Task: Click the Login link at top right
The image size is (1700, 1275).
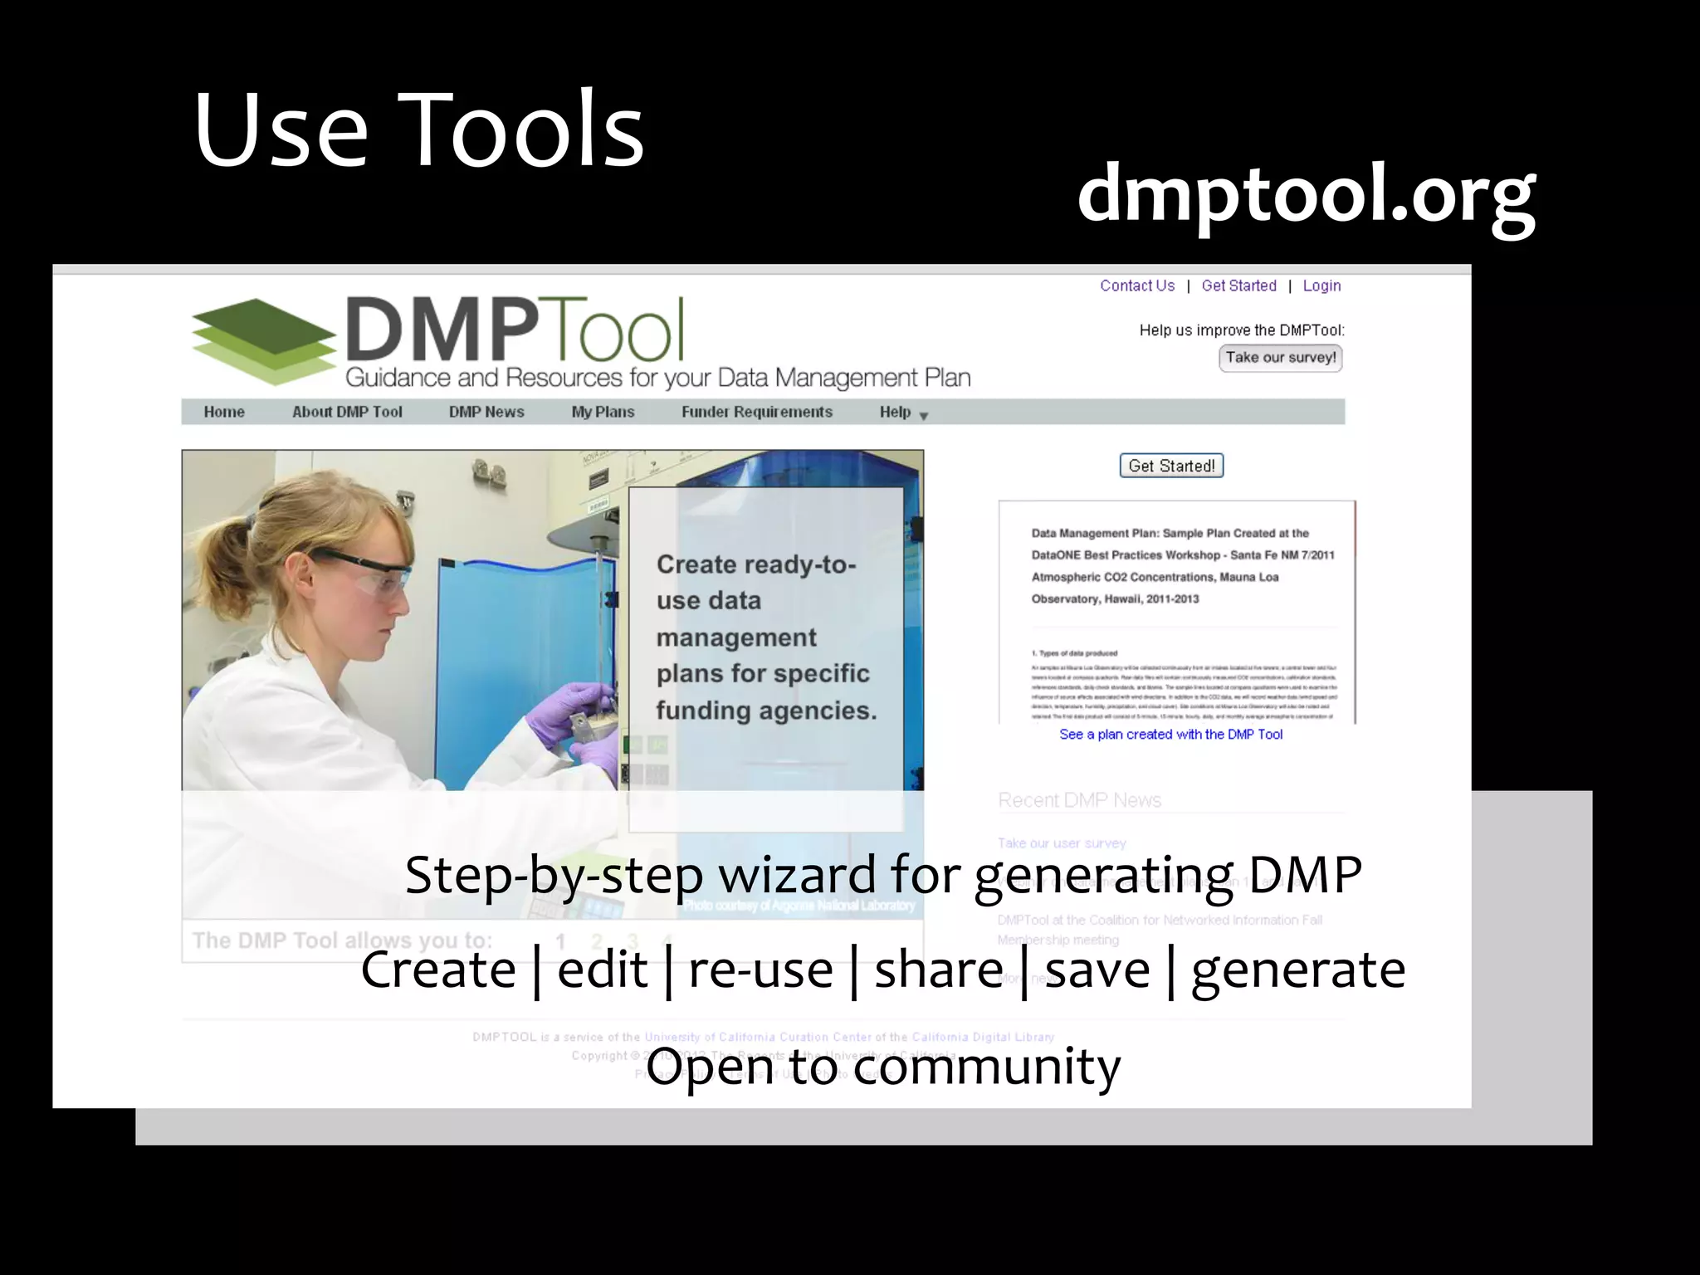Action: coord(1321,286)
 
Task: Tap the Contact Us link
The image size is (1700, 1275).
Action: coord(1137,286)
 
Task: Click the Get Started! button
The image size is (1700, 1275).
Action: coord(1171,466)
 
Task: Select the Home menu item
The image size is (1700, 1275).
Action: coord(224,412)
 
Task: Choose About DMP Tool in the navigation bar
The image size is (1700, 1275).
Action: coord(347,412)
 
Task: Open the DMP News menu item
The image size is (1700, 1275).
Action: coord(486,412)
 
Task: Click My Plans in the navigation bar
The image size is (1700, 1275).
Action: coord(603,412)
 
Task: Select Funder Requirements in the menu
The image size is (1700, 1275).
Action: coord(756,412)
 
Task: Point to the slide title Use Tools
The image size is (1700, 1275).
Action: coord(418,130)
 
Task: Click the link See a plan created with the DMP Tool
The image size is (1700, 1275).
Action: coord(1170,735)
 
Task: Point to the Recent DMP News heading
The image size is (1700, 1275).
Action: coord(1079,800)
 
